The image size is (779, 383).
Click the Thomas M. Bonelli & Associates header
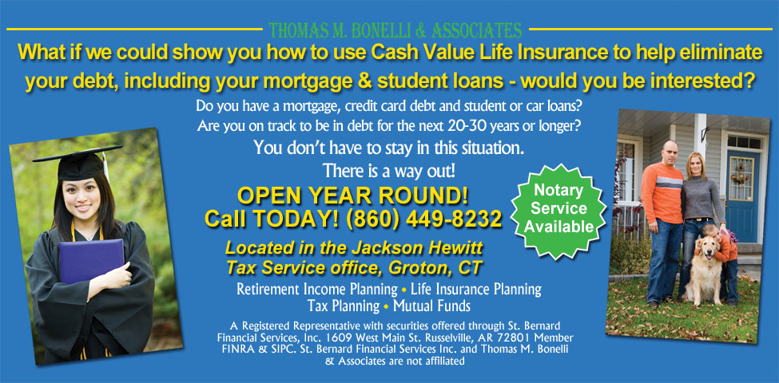(x=395, y=31)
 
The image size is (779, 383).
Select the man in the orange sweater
(x=662, y=215)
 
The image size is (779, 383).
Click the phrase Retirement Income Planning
(x=316, y=289)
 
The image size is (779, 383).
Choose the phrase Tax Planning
(x=343, y=306)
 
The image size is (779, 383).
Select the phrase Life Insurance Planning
(x=475, y=289)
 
